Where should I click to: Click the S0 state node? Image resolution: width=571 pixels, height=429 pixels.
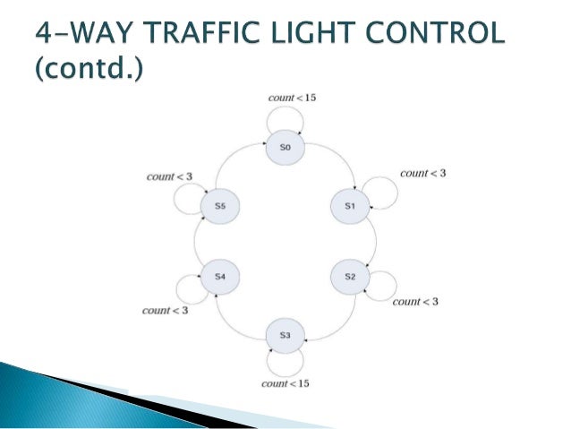pos(285,149)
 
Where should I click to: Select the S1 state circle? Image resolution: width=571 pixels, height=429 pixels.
pos(350,206)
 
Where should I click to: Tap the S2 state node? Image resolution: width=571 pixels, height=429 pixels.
pos(350,277)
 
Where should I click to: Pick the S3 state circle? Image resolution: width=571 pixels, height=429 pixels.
pos(285,335)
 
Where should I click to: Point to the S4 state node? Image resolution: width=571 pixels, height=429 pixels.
pos(219,277)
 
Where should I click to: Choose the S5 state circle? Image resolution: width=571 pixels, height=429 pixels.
pos(219,206)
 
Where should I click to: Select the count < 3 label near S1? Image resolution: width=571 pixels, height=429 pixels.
pos(423,173)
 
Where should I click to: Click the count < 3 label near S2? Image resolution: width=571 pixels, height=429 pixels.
pos(415,302)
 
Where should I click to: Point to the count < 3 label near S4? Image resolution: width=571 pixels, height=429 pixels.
pos(165,311)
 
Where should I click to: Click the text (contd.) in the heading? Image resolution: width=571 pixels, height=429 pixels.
pos(87,70)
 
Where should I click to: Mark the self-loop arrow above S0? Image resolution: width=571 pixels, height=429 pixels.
pos(285,114)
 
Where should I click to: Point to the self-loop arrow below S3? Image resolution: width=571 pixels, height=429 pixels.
pos(285,366)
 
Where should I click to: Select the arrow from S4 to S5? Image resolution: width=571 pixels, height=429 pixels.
pos(198,242)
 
